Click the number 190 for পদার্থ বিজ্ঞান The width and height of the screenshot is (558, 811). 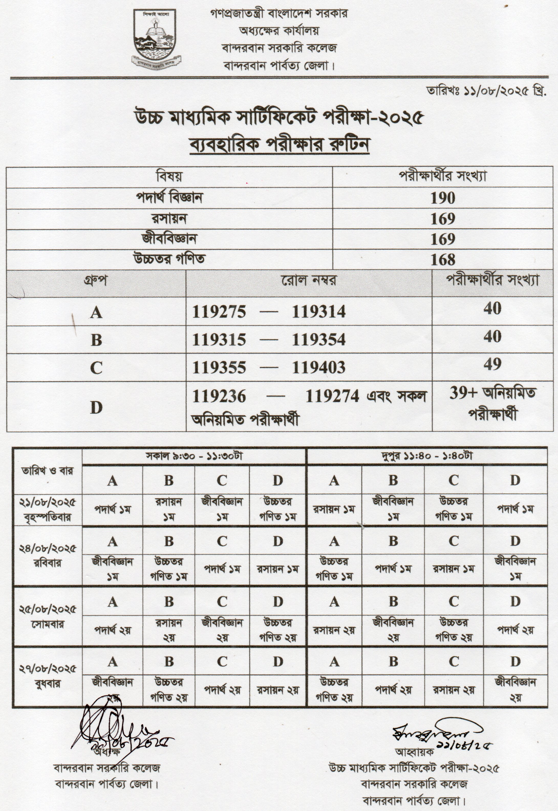[443, 198]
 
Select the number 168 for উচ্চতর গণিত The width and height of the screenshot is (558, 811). [443, 260]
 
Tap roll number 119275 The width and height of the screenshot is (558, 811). [219, 312]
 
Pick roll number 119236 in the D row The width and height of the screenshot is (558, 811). [219, 396]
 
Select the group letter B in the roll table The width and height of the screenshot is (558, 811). [96, 340]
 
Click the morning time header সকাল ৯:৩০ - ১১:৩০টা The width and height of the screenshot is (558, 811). [194, 456]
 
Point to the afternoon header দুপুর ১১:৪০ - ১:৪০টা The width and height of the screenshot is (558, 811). [426, 456]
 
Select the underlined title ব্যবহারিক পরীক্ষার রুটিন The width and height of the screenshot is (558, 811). [279, 145]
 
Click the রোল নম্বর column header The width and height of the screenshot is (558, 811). [309, 280]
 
